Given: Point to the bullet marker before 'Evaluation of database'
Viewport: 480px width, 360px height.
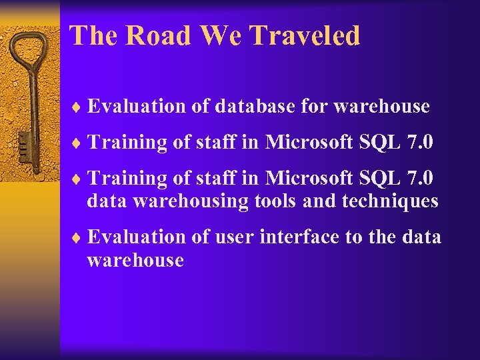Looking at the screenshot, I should pyautogui.click(x=78, y=107).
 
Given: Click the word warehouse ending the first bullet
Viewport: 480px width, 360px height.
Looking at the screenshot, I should pyautogui.click(x=382, y=107).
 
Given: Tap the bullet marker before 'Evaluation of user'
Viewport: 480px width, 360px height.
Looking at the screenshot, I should pyautogui.click(x=78, y=237).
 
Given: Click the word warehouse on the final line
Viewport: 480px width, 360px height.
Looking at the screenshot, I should pyautogui.click(x=135, y=260).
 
